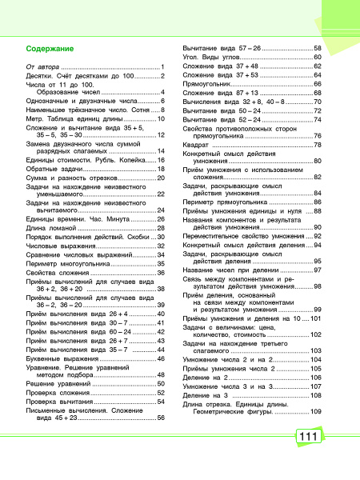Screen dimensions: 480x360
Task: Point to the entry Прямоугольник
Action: point(210,83)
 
